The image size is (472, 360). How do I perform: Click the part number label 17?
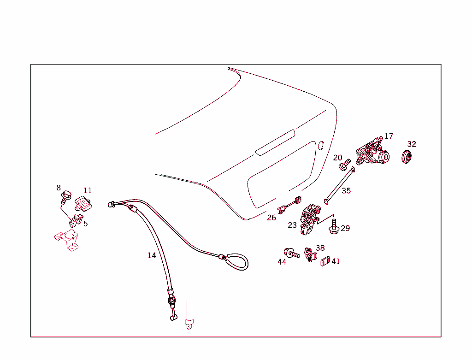389,136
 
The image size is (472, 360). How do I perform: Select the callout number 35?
346,191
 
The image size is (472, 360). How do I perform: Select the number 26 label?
271,218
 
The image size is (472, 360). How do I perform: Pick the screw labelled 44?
291,253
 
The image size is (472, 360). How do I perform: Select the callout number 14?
152,255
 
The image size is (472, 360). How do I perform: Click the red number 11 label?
88,191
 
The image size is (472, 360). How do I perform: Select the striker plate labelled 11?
82,203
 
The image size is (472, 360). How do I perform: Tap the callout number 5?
85,224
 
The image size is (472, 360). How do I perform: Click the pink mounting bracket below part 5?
66,241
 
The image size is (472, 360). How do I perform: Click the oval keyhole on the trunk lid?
321,146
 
